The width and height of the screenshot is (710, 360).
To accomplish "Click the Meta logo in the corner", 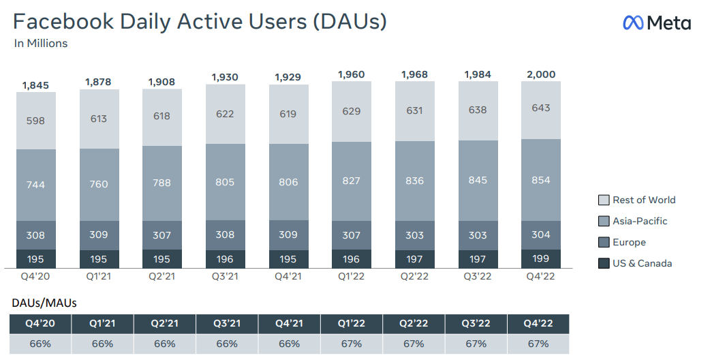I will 656,22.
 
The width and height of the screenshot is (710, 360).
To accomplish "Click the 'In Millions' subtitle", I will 41,44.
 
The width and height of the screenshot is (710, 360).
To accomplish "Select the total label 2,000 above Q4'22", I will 540,74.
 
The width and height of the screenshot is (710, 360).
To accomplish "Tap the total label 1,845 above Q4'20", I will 35,85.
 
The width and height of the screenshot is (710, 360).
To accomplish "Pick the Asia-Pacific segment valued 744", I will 35,185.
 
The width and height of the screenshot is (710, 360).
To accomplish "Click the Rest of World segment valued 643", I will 540,108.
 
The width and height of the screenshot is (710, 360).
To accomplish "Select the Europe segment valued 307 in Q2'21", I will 161,235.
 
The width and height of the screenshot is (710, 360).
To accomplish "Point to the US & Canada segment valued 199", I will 540,259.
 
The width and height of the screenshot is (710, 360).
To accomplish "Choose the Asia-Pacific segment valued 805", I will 225,182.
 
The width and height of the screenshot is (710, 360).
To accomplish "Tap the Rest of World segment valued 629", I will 351,111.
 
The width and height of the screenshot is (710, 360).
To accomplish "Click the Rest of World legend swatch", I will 604,200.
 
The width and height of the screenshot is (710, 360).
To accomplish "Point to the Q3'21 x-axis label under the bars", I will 225,275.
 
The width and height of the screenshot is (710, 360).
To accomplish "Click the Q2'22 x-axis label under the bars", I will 414,275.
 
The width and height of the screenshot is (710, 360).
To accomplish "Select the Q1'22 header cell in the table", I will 352,324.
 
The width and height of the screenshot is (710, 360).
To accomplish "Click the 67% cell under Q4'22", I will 538,344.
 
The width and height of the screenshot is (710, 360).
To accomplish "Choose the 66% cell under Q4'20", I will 40,344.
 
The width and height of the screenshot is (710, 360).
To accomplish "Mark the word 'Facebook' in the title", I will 63,21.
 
